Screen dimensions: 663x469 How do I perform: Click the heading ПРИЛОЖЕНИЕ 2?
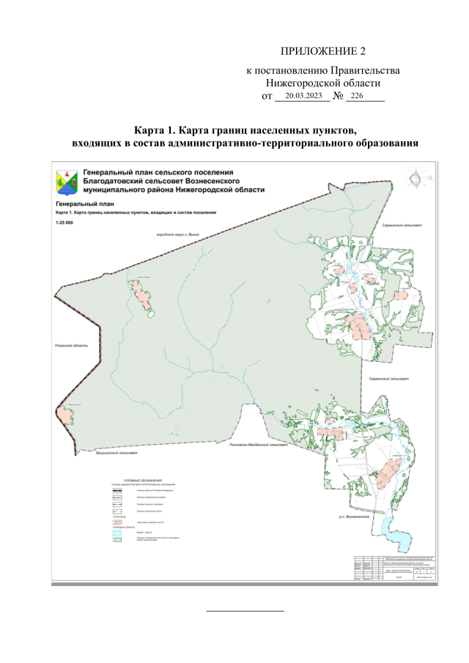pos(322,51)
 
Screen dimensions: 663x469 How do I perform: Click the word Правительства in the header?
pos(365,70)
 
